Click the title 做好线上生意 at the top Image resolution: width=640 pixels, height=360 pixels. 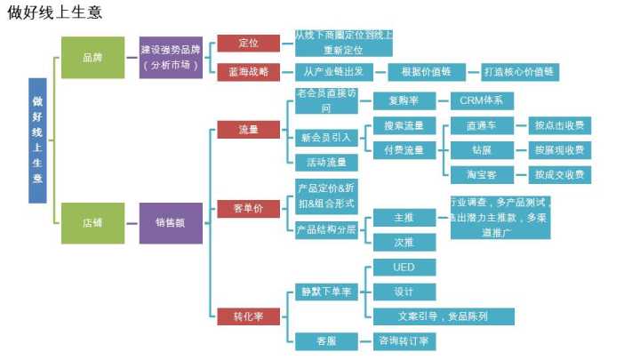pyautogui.click(x=55, y=12)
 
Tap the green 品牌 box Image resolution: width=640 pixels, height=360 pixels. pyautogui.click(x=92, y=58)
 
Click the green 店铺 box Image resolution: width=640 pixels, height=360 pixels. pyautogui.click(x=92, y=222)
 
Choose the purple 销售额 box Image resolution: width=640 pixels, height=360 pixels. pyautogui.click(x=171, y=222)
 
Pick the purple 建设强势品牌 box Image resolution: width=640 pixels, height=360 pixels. pyautogui.click(x=171, y=58)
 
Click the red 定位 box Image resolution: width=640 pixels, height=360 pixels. pyautogui.click(x=249, y=43)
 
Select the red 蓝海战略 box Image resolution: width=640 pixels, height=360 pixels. pyautogui.click(x=249, y=72)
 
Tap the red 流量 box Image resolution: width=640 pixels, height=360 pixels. pyautogui.click(x=249, y=130)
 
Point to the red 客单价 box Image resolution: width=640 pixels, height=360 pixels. pyautogui.click(x=249, y=210)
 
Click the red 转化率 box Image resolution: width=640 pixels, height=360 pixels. pyautogui.click(x=249, y=316)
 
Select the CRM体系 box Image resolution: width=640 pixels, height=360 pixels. pyautogui.click(x=482, y=100)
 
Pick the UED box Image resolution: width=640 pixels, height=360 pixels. pyautogui.click(x=404, y=268)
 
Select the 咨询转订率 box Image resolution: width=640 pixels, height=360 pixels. pyautogui.click(x=404, y=340)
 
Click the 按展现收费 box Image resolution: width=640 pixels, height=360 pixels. pyautogui.click(x=559, y=150)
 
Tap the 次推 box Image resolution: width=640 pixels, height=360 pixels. pyautogui.click(x=404, y=242)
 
